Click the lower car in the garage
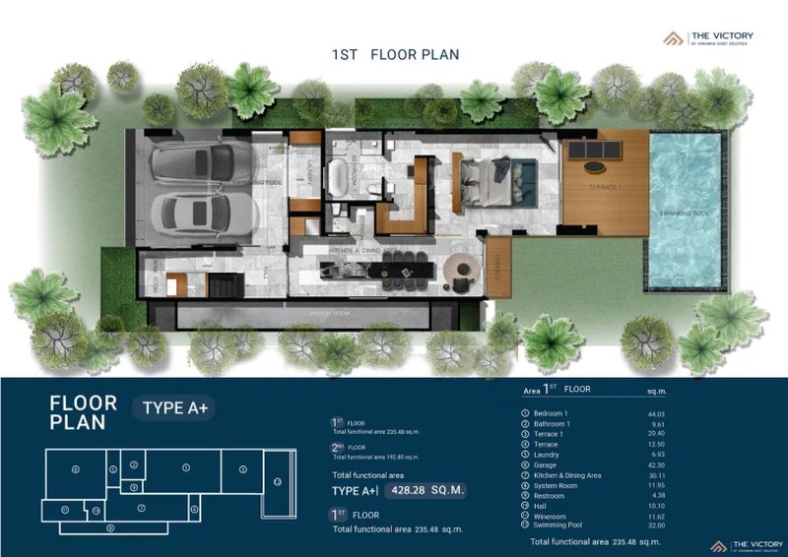(x=195, y=211)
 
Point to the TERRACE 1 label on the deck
(x=602, y=186)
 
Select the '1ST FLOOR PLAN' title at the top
(x=395, y=54)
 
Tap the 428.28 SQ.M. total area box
(x=425, y=489)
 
